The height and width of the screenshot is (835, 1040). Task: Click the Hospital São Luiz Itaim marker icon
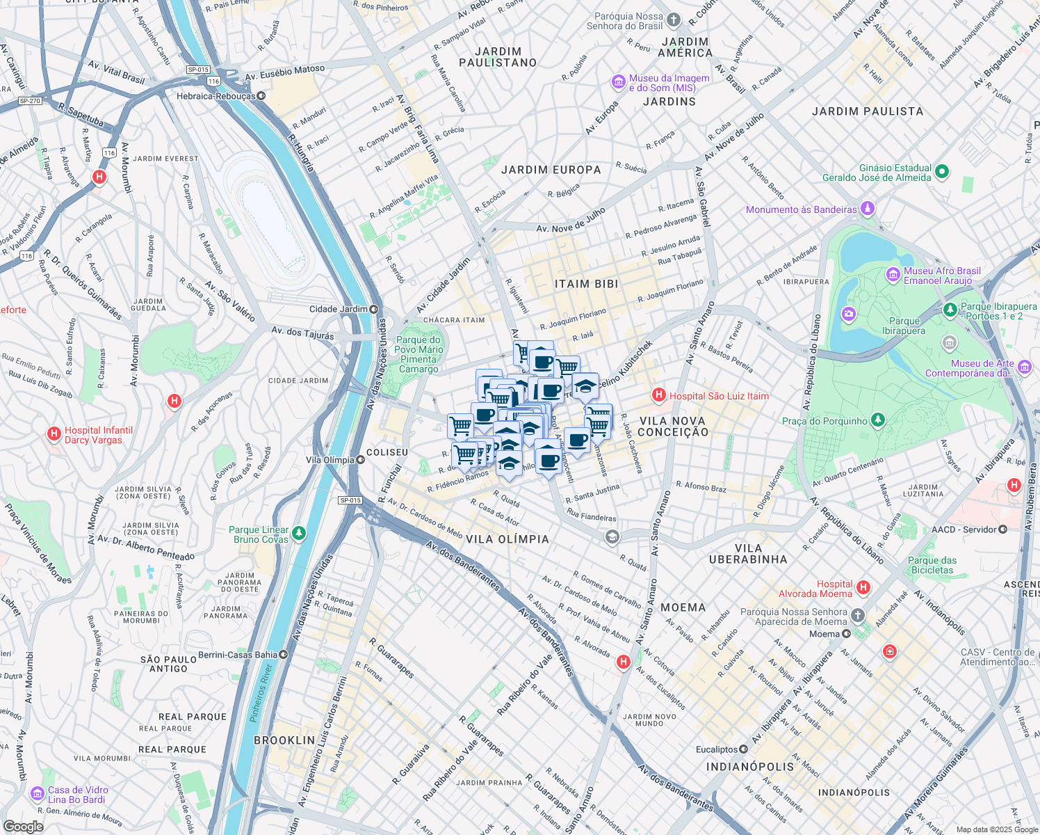coord(658,396)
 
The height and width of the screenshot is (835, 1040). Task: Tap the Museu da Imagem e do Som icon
coord(618,83)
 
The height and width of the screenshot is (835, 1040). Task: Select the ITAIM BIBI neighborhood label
coord(586,284)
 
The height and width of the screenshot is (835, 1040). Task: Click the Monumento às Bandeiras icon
coord(867,209)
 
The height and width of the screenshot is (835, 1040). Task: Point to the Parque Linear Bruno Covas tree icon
coord(299,534)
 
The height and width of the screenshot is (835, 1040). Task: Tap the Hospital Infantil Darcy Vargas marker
coord(54,435)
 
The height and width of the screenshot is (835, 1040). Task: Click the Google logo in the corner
coord(23,826)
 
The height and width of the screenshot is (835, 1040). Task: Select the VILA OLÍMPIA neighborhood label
coord(507,539)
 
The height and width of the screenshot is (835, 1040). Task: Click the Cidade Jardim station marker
coord(374,309)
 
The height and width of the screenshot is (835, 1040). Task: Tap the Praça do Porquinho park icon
coord(878,420)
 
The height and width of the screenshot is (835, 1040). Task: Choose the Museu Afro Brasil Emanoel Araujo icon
coord(893,276)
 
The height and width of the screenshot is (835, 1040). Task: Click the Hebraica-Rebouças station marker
coord(261,96)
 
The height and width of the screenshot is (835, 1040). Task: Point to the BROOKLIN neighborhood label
coord(284,740)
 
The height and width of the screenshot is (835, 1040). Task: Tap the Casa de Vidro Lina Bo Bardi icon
coord(38,794)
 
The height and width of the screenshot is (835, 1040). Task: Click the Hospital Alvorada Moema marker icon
coord(863,588)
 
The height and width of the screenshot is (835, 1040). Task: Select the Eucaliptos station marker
coord(743,749)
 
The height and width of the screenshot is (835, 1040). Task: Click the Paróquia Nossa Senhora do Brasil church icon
coord(673,20)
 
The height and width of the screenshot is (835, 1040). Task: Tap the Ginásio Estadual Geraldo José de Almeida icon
coord(941,172)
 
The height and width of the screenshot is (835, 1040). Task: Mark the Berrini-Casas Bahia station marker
coord(283,654)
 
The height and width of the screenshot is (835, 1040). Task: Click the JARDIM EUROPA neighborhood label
coord(551,170)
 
